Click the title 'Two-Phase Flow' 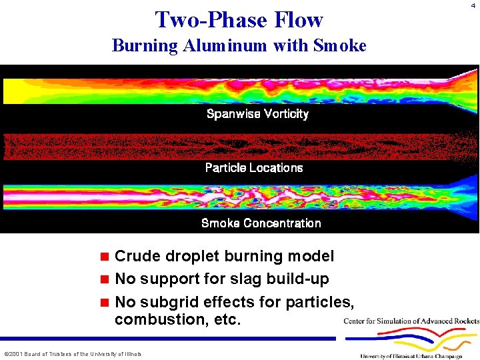239,19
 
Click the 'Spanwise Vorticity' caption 257,114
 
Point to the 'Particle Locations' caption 254,168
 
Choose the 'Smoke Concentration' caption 261,223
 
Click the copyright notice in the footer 73,353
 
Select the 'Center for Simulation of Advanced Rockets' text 411,321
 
